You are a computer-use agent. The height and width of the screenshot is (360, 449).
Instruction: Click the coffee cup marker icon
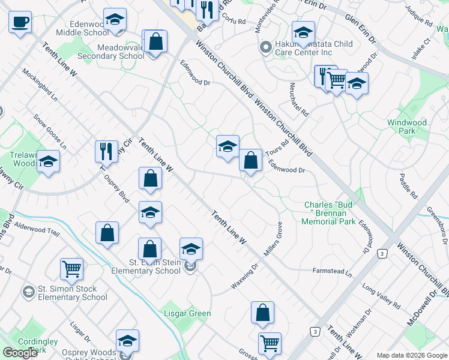point(20,23)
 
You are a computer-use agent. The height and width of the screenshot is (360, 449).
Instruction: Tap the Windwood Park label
point(406,127)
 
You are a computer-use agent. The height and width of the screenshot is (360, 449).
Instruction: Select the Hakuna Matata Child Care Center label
point(313,49)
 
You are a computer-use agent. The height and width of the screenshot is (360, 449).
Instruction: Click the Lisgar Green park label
point(188,313)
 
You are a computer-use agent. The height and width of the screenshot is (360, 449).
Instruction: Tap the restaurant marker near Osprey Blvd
point(106,151)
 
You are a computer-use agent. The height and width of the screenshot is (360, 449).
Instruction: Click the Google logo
point(20,353)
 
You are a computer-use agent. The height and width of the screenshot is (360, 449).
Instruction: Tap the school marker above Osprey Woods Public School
point(127,340)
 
